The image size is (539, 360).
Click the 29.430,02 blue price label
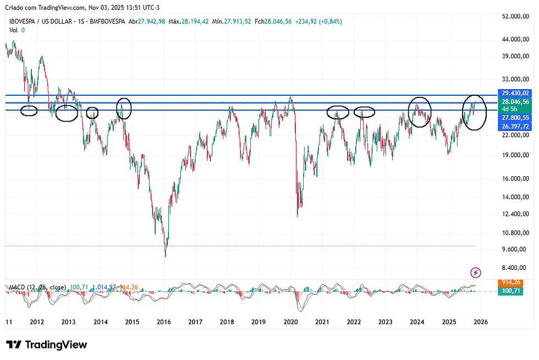click(515, 93)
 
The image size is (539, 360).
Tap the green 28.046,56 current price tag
click(515, 102)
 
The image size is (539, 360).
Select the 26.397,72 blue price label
click(515, 126)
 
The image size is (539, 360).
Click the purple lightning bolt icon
click(476, 272)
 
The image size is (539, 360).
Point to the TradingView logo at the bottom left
click(47, 345)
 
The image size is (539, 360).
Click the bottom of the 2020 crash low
click(297, 215)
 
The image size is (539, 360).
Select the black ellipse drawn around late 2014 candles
click(125, 108)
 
